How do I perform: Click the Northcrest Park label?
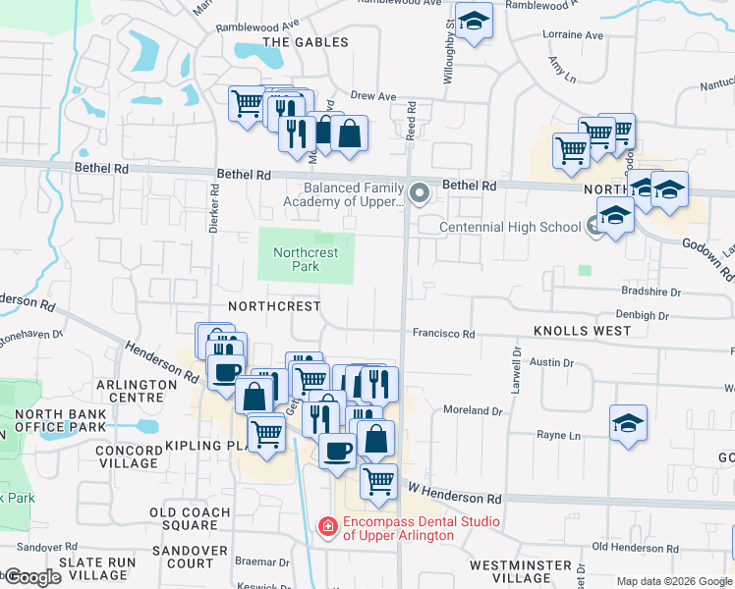click(306, 259)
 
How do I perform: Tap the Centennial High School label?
click(510, 227)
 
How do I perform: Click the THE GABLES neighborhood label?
click(306, 42)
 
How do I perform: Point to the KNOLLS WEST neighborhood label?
click(583, 331)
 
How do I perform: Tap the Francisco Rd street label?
click(443, 334)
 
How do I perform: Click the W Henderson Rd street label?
click(455, 487)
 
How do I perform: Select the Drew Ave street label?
click(373, 96)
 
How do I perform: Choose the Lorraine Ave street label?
click(573, 34)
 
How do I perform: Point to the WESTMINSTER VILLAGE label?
click(521, 571)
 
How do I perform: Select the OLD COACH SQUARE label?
click(190, 518)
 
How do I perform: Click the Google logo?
click(31, 577)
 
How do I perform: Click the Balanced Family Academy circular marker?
click(421, 192)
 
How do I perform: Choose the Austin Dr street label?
click(544, 362)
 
